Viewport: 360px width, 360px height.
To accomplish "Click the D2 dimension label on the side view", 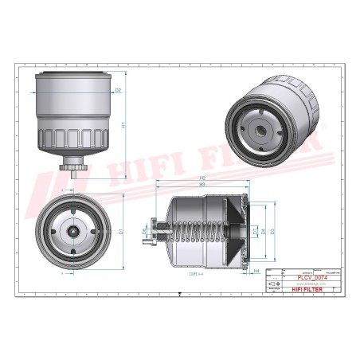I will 118,91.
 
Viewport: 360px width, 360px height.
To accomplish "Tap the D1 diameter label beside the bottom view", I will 120,231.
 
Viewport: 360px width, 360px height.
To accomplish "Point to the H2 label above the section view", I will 203,177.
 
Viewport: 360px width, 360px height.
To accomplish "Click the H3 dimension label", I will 203,185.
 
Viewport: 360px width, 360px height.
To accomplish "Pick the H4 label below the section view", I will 256,272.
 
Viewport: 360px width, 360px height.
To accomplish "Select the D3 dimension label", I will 272,232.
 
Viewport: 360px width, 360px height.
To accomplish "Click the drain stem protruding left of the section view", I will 153,233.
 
